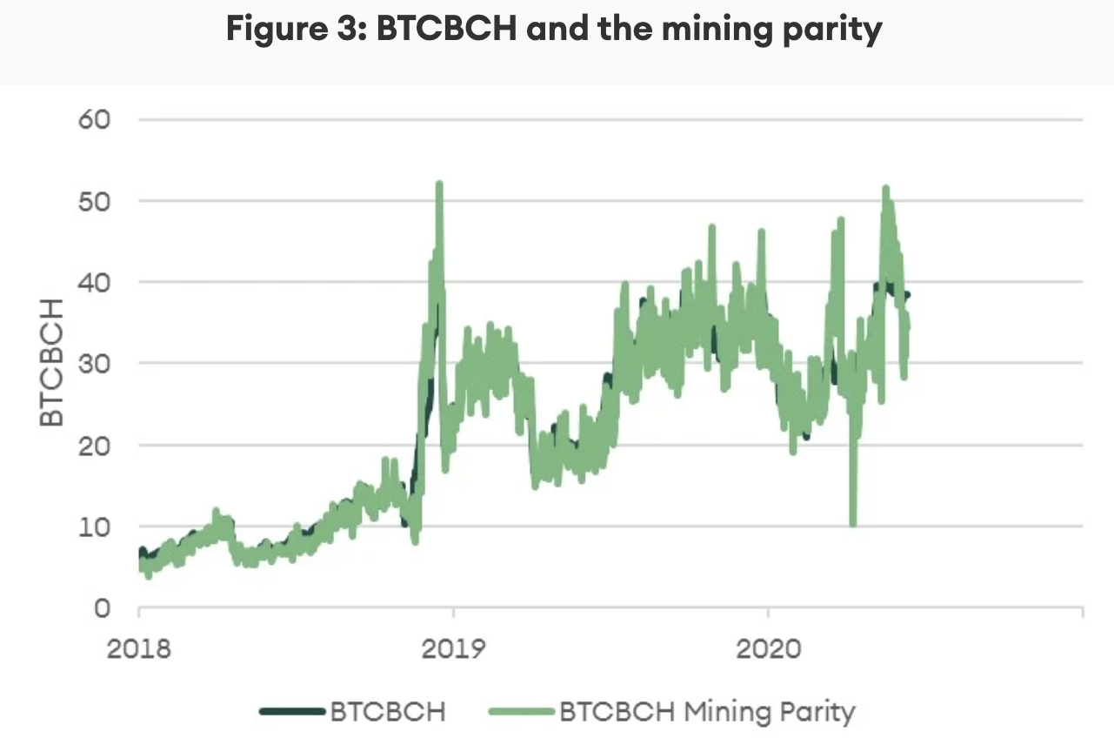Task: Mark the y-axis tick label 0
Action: tap(103, 607)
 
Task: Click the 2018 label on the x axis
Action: tap(138, 649)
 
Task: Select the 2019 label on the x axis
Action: tap(453, 649)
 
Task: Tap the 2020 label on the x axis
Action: tap(768, 649)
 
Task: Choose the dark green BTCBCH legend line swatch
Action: tap(293, 711)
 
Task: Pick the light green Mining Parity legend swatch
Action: tap(522, 711)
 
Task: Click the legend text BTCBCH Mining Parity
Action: tap(707, 711)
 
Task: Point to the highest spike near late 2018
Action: tap(439, 185)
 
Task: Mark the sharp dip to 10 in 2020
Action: tap(853, 522)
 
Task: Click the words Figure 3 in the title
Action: tap(283, 30)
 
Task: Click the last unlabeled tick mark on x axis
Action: tap(1082, 614)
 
